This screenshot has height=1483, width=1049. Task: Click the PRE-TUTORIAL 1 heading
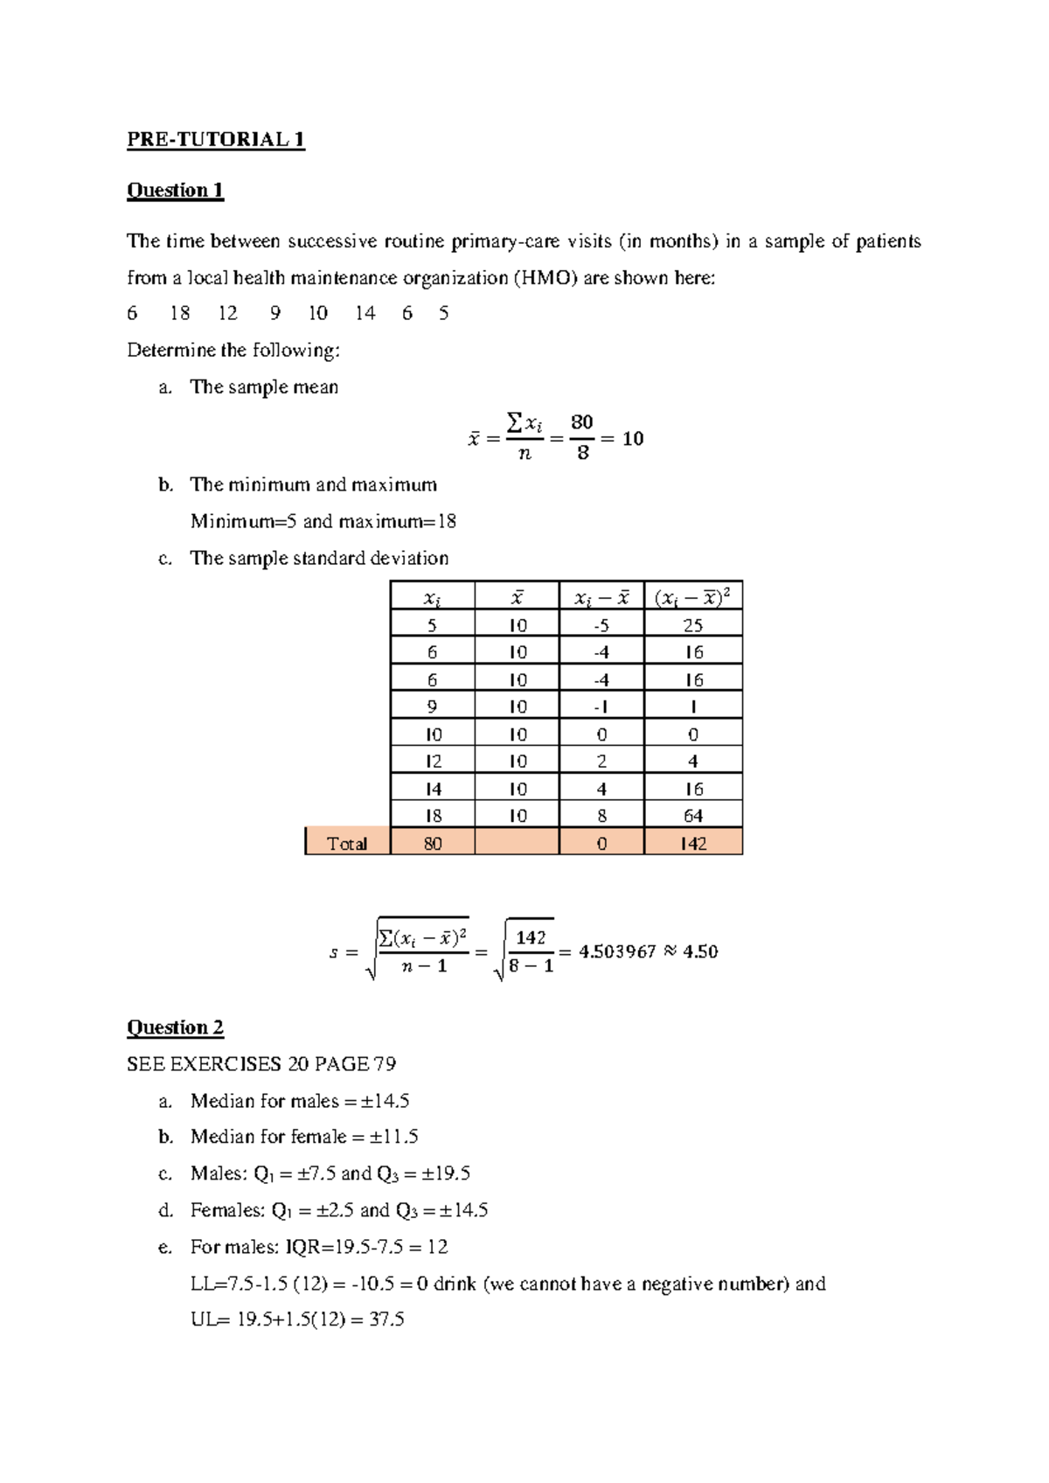click(215, 140)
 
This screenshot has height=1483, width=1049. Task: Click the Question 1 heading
click(175, 191)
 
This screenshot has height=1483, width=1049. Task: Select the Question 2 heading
click(175, 1027)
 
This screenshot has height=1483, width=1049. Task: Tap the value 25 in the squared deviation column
click(693, 625)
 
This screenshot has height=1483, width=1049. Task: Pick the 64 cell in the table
click(693, 816)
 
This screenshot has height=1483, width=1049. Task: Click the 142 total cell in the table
click(693, 844)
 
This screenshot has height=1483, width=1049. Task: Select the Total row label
click(347, 844)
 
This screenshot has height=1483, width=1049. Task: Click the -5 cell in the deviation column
click(601, 625)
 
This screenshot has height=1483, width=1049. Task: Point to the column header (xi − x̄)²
click(692, 598)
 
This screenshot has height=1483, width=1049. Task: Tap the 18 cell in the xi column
click(433, 816)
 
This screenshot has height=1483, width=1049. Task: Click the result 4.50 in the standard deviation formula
click(700, 951)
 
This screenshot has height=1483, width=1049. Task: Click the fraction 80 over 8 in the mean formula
click(582, 437)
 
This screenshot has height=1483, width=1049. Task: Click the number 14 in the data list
click(365, 314)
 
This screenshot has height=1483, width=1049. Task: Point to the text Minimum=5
click(244, 522)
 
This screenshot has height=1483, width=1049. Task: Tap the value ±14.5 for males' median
click(385, 1101)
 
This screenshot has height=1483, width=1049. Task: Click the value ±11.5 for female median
click(393, 1137)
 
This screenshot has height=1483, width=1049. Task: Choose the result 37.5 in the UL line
click(386, 1319)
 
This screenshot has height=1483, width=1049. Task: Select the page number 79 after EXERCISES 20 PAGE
click(385, 1064)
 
